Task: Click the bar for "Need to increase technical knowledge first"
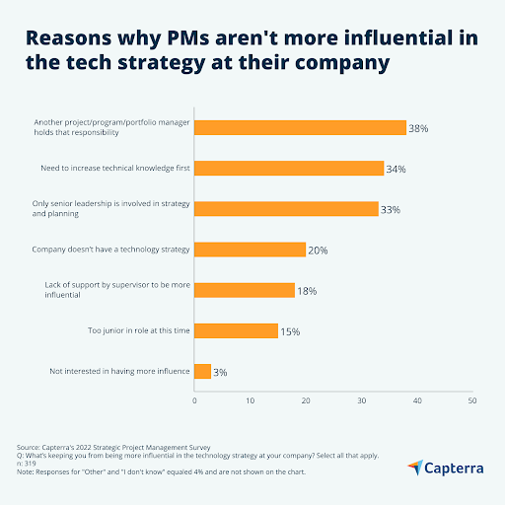pos(289,168)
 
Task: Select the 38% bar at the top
pos(300,127)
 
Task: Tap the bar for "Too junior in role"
pos(236,330)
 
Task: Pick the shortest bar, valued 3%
pos(202,371)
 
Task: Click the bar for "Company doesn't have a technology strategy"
pos(250,250)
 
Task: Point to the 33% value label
pos(392,209)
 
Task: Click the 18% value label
pos(308,291)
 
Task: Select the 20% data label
pos(319,251)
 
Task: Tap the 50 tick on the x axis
pos(472,400)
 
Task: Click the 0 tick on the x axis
pos(194,400)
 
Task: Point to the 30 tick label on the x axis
pos(361,400)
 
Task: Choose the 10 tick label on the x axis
pos(250,400)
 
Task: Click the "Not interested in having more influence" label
pos(118,371)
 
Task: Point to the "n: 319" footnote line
pos(28,464)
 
